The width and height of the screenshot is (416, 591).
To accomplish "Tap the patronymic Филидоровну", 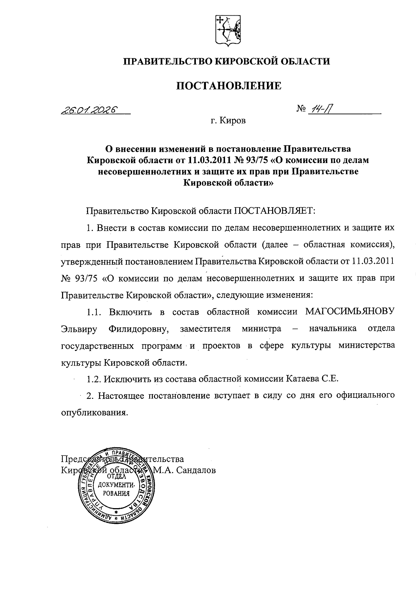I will [138, 328].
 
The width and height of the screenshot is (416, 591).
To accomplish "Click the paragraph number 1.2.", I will [94, 379].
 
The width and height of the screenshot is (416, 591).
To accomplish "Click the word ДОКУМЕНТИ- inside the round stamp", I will [116, 485].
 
